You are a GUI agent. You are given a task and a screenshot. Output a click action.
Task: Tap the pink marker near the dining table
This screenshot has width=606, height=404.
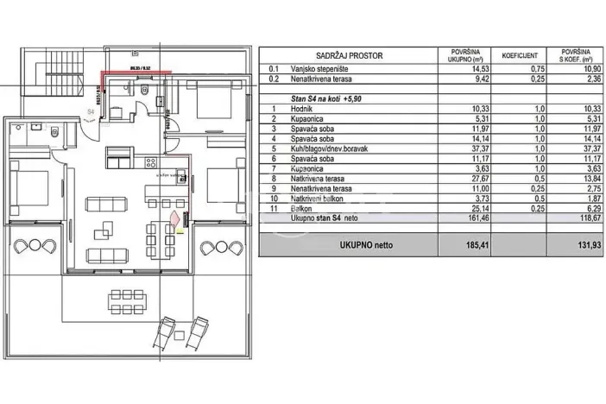point(177,221)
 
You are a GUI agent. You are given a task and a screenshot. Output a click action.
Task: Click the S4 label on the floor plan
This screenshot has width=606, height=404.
point(90,110)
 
